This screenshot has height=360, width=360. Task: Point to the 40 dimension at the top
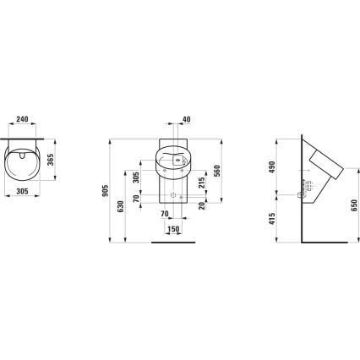point(186,120)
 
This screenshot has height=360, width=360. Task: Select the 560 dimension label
point(217,170)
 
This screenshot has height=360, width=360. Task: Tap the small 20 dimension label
point(200,206)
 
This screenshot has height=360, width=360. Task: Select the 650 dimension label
point(353,205)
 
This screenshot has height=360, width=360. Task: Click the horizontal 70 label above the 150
point(166,214)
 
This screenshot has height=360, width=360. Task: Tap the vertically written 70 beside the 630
point(138,200)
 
